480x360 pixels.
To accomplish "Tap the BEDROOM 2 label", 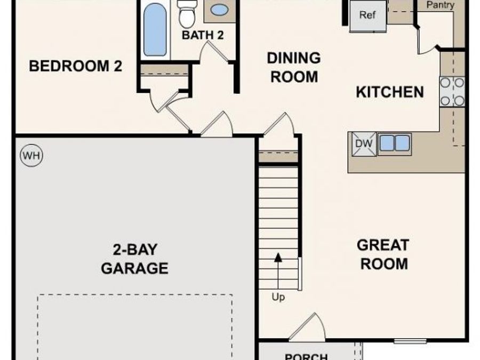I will pyautogui.click(x=75, y=67).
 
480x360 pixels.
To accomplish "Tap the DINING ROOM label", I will pyautogui.click(x=294, y=67).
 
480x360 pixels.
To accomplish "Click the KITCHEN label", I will pyautogui.click(x=390, y=92).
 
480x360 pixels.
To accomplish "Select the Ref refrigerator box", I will pyautogui.click(x=367, y=15).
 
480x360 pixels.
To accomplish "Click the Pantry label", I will pyautogui.click(x=441, y=5).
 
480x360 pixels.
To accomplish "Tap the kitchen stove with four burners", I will pyautogui.click(x=452, y=92).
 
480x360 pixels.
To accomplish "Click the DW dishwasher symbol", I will pyautogui.click(x=363, y=144).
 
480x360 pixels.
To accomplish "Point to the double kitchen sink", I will pyautogui.click(x=394, y=143).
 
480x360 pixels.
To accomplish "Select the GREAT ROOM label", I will pyautogui.click(x=383, y=254).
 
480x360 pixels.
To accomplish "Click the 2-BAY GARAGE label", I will pyautogui.click(x=134, y=259).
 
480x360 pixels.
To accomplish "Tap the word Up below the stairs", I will pyautogui.click(x=278, y=298).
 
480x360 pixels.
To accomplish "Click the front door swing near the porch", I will pyautogui.click(x=309, y=326).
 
